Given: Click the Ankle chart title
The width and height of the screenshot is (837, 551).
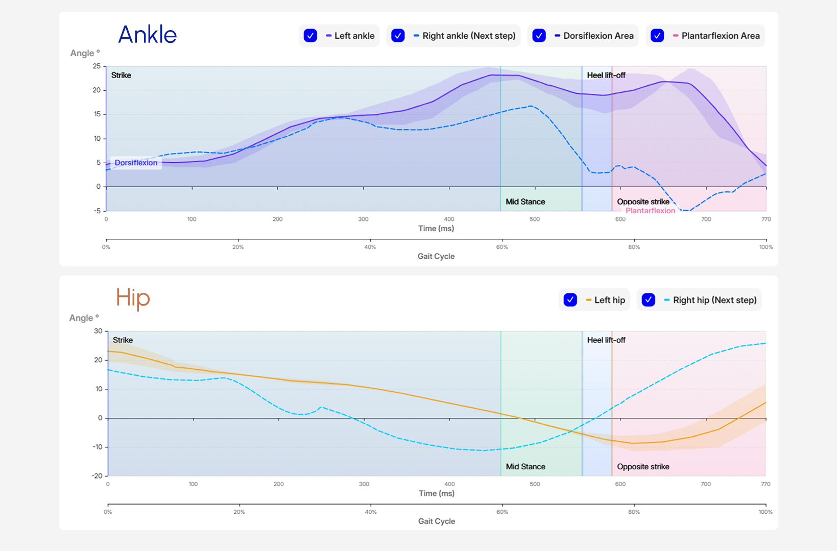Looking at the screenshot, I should (x=147, y=35).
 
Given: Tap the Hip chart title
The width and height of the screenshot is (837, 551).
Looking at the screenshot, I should (x=132, y=298).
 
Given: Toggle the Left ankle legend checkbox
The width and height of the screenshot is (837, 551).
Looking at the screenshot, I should (x=310, y=36).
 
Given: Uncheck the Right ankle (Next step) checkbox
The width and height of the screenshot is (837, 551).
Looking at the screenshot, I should (x=398, y=36).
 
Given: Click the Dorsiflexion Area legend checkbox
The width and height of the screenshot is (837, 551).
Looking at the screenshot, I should (x=539, y=36).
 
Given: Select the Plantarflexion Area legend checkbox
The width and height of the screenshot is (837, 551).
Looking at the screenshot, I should (x=657, y=36).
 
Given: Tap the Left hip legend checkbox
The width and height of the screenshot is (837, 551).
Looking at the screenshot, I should (x=570, y=300).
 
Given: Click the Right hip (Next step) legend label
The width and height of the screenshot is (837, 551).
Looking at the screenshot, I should (x=714, y=300).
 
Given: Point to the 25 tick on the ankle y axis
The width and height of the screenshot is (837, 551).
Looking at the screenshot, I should (x=97, y=66).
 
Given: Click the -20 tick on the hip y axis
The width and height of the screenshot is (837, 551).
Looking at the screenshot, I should (x=97, y=475).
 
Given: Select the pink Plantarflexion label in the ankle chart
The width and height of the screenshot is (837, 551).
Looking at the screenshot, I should (x=650, y=210).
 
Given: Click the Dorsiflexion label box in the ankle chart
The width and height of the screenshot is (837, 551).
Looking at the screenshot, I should (x=136, y=163).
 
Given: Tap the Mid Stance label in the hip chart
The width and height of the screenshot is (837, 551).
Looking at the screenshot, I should (x=525, y=466).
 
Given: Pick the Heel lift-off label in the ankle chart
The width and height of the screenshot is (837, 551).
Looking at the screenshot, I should (x=606, y=75).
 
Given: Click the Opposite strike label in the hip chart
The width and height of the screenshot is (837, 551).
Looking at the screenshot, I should (x=643, y=466).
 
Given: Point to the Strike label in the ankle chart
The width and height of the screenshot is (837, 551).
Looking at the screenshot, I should (x=121, y=75).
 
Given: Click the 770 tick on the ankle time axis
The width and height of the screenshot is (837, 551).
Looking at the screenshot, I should (x=766, y=219).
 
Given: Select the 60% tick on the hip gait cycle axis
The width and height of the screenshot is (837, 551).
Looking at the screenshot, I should (x=502, y=512).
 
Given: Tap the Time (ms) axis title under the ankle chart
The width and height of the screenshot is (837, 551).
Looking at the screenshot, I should (x=436, y=228).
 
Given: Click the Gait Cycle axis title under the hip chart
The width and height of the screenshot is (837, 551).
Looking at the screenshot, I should (x=436, y=521).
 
